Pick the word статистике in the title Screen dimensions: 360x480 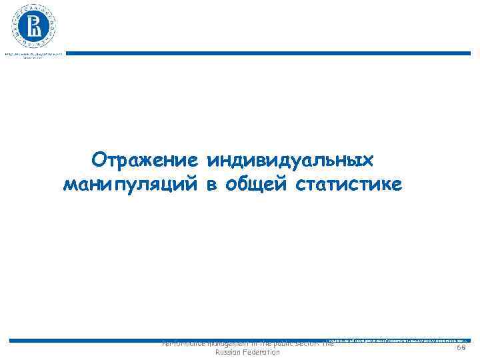pos(347,184)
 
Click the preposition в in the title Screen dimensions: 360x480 pos(211,184)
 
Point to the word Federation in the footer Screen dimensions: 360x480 pos(262,352)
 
